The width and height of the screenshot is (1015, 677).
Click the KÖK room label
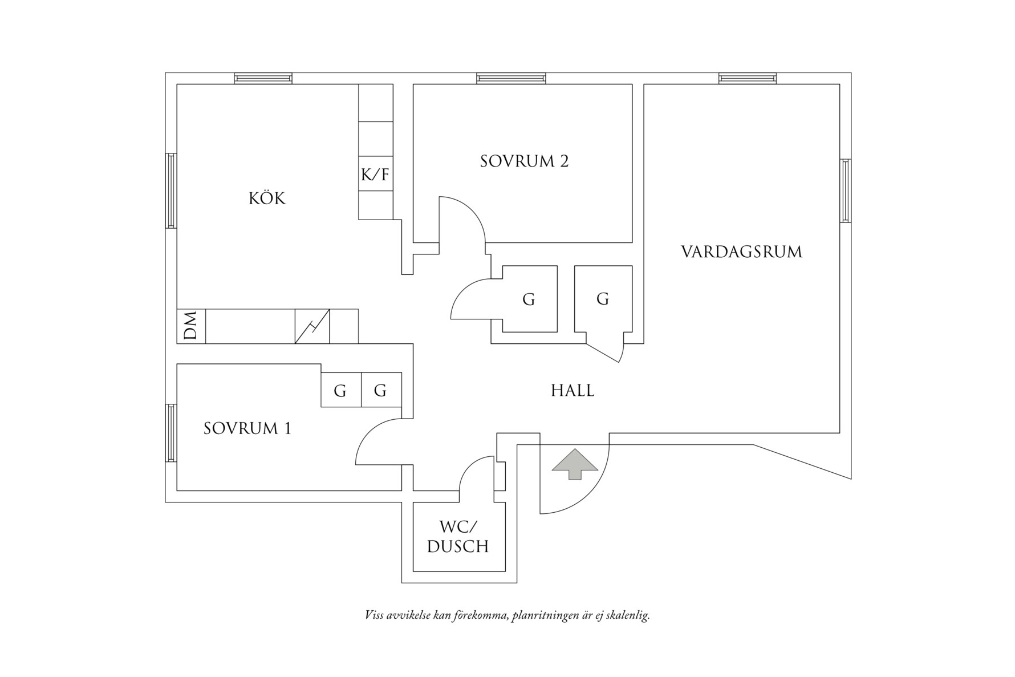(x=267, y=198)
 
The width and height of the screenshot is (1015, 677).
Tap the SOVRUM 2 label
(x=524, y=161)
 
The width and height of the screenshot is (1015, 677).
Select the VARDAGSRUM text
(x=741, y=252)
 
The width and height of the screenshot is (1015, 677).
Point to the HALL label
(x=573, y=391)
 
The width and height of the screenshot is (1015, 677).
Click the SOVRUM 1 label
(x=247, y=428)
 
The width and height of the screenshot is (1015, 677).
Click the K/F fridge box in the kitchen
(x=375, y=173)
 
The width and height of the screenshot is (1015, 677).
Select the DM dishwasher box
(x=191, y=326)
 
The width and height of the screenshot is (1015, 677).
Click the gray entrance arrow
(x=575, y=464)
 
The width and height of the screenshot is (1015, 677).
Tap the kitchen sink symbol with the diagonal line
(x=312, y=326)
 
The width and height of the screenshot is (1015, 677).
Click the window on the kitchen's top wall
(x=263, y=79)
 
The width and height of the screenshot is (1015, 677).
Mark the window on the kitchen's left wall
(x=171, y=190)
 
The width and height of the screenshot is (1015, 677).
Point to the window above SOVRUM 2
(x=511, y=79)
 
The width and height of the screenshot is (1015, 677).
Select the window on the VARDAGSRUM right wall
(x=845, y=190)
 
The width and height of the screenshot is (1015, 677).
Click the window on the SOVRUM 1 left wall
(x=171, y=433)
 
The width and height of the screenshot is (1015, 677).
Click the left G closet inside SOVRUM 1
(x=340, y=390)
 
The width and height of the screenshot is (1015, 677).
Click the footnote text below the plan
(x=507, y=615)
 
